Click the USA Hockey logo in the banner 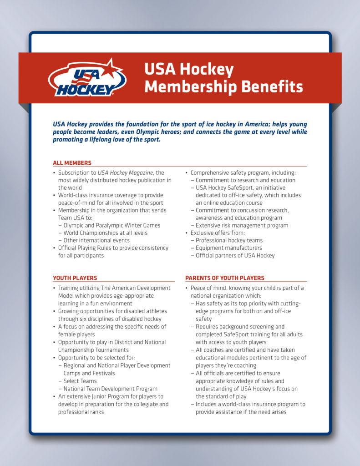tap(86, 78)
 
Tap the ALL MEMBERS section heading tap(72, 163)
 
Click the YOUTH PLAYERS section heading tap(75, 278)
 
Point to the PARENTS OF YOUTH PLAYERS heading tap(224, 278)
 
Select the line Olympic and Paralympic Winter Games tap(112, 225)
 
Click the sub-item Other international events tap(96, 240)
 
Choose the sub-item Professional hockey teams tap(229, 240)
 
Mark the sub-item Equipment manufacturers tap(229, 248)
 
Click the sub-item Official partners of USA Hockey tap(235, 255)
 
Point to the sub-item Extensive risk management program tap(242, 225)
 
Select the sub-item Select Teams tap(80, 381)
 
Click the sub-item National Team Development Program tap(111, 389)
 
